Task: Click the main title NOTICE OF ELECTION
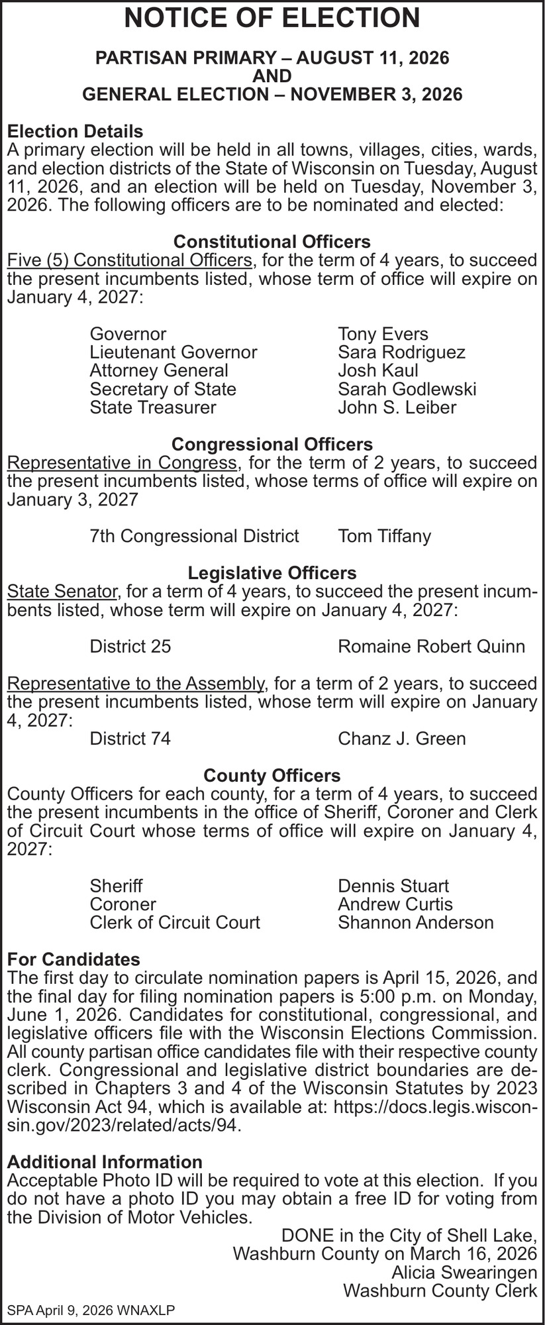tap(272, 18)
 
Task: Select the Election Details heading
tap(75, 131)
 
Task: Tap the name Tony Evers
tap(383, 334)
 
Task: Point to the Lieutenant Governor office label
tap(173, 352)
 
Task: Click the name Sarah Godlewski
tap(407, 389)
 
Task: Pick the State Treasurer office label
tap(153, 407)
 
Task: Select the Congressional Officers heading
tap(272, 443)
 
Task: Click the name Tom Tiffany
tap(384, 535)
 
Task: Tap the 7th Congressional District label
tap(194, 535)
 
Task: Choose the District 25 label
tap(130, 646)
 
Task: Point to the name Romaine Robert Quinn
tap(431, 646)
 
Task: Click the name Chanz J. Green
tap(401, 738)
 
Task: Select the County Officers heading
tap(272, 775)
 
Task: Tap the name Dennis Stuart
tap(393, 886)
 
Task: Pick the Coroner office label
tap(123, 904)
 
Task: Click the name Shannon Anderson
tap(416, 922)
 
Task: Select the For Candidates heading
tap(74, 959)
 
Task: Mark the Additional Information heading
tap(105, 1161)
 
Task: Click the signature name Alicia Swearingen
tap(464, 1272)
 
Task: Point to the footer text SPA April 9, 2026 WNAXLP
tap(91, 1310)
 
